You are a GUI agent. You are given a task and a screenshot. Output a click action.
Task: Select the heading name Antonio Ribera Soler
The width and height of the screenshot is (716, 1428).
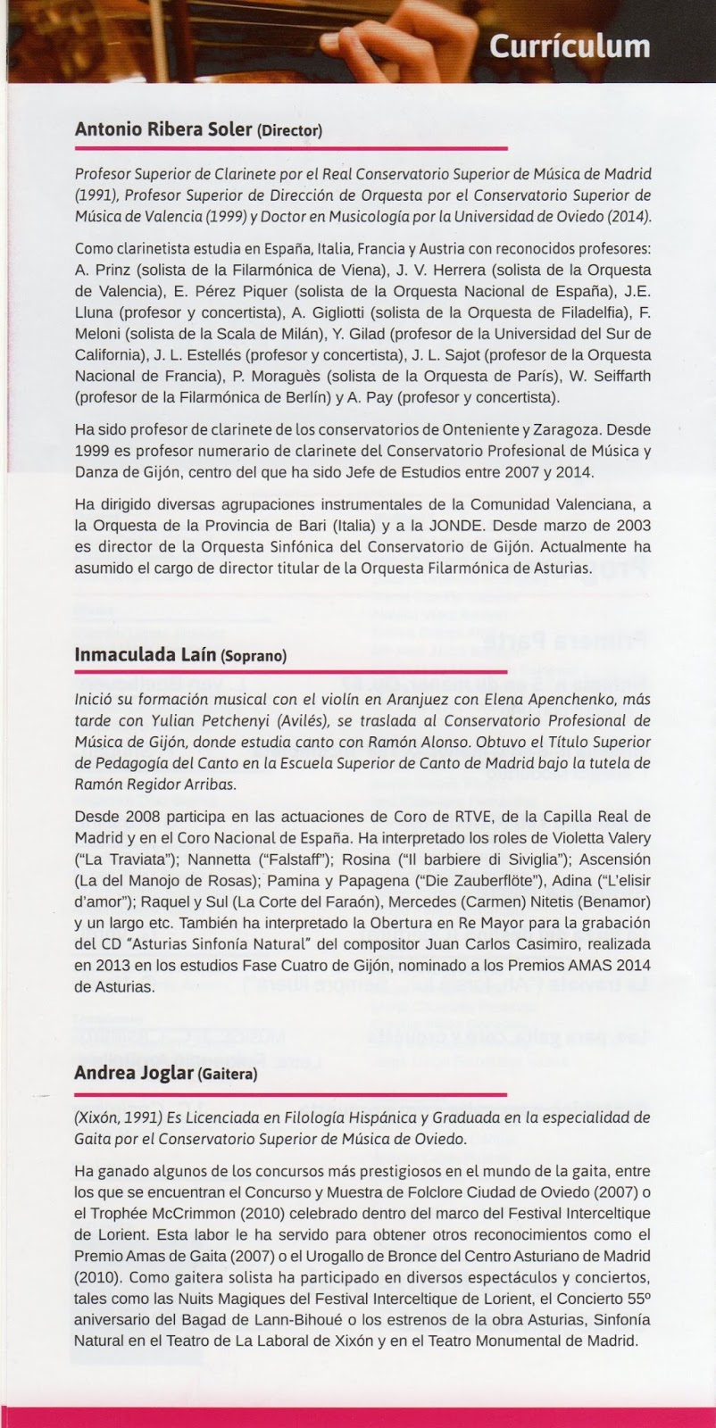[163, 129]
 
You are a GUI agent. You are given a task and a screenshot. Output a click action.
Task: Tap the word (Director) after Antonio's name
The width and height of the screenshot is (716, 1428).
[289, 131]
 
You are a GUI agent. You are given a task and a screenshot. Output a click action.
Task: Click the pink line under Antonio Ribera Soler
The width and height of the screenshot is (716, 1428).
[291, 147]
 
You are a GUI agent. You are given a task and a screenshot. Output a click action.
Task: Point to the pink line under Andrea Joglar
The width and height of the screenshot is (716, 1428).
[291, 1092]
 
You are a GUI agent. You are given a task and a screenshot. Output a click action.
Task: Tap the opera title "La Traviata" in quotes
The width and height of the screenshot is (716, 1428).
[112, 859]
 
